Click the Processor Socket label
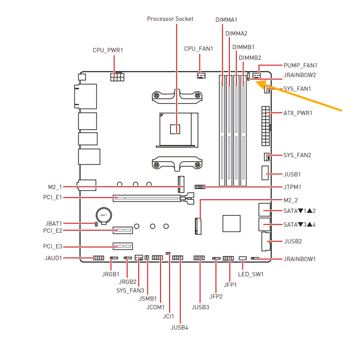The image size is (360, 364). tap(170, 19)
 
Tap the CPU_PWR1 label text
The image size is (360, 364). tap(108, 50)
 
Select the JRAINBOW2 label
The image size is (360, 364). tap(300, 75)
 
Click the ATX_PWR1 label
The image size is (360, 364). tap(298, 113)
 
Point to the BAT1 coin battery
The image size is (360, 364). tap(104, 215)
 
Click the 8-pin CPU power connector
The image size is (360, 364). tap(117, 77)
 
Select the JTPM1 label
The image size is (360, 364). tap(292, 187)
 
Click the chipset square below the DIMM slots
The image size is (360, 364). tap(231, 224)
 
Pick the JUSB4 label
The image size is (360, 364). tap(179, 327)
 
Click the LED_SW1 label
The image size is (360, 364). tap(251, 274)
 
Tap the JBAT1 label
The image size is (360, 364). tap(54, 224)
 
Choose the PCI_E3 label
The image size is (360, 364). tap(53, 246)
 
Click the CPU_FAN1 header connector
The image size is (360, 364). tap(201, 76)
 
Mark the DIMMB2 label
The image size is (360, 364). tap(250, 58)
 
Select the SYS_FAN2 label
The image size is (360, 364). tap(297, 155)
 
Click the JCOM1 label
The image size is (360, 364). tap(155, 307)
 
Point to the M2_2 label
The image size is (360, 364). tap(291, 200)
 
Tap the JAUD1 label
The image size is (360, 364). tap(53, 258)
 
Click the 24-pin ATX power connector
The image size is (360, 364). tap(266, 126)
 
